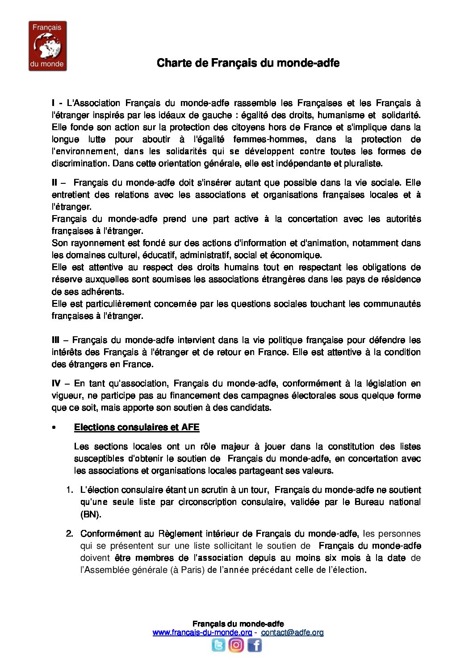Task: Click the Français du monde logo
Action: tap(47, 46)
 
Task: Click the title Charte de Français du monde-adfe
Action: tap(248, 63)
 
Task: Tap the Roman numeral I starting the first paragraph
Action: tap(54, 103)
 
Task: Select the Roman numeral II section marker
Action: tap(54, 182)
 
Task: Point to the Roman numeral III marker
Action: tap(55, 340)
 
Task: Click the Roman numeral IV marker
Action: tap(56, 383)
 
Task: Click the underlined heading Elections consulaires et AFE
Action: tap(137, 427)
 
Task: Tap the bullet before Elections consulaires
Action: tap(54, 428)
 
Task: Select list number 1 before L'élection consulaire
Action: tap(69, 490)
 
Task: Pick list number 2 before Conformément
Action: tap(69, 534)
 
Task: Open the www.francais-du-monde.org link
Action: tap(202, 632)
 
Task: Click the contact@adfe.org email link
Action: tap(292, 632)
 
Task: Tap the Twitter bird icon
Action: tap(218, 645)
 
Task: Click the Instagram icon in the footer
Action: tap(236, 645)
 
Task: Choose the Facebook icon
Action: tap(254, 645)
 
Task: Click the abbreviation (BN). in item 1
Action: tap(91, 514)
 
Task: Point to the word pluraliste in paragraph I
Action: tap(363, 164)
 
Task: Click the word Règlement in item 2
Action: tap(180, 534)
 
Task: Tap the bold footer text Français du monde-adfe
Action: tap(238, 624)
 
